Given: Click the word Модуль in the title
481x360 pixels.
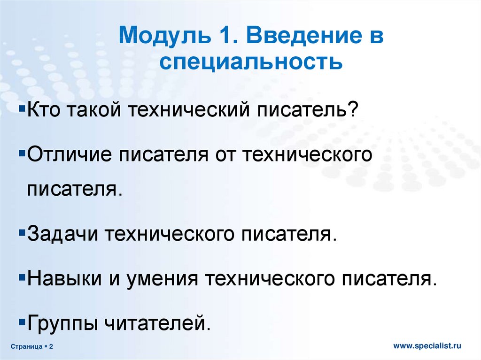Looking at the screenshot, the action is pyautogui.click(x=165, y=36).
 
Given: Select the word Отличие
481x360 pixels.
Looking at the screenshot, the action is pyautogui.click(x=70, y=154).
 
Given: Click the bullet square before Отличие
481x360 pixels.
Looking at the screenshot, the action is pyautogui.click(x=22, y=152).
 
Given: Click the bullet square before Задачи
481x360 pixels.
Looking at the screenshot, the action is pyautogui.click(x=22, y=233).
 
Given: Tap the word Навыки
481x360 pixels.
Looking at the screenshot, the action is pyautogui.click(x=64, y=279).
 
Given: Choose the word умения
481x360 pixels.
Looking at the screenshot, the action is pyautogui.click(x=162, y=279).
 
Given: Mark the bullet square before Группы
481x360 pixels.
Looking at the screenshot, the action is pyautogui.click(x=22, y=322).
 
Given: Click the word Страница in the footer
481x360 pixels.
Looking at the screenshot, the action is pyautogui.click(x=27, y=346).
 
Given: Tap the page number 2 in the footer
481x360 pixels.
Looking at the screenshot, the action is pyautogui.click(x=51, y=346).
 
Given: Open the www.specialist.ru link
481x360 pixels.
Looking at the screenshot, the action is pyautogui.click(x=427, y=346).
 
